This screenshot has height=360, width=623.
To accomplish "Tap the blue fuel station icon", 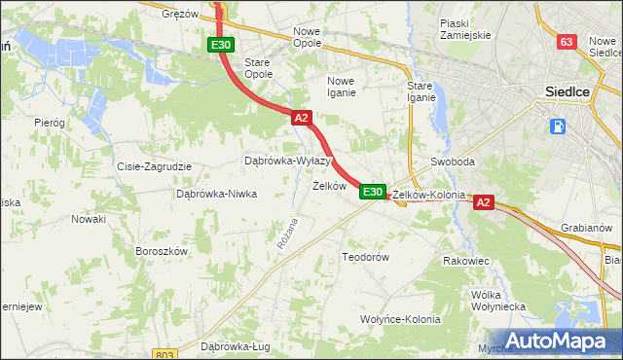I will pos(558,126).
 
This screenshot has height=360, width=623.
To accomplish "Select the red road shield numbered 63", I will pos(567,42).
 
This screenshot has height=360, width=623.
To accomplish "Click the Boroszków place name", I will pos(161,250).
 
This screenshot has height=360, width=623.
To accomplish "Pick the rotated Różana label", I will pos(285,234).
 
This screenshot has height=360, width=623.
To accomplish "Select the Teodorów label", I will pos(365,257).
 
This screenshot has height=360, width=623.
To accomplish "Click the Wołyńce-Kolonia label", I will pos(400,319).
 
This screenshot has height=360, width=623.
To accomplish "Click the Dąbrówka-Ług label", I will pos(234,346).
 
